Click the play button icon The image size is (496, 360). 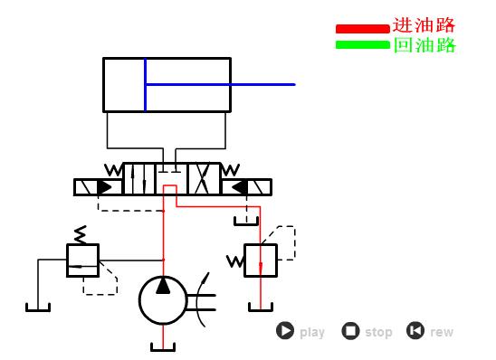click(x=285, y=331)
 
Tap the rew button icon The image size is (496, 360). click(x=415, y=331)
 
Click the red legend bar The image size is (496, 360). click(x=362, y=28)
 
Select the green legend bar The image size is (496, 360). click(x=362, y=44)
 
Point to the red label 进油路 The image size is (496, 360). click(x=424, y=25)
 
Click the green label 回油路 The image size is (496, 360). click(x=424, y=45)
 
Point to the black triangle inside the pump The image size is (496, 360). click(x=163, y=286)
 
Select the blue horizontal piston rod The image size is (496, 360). click(x=220, y=84)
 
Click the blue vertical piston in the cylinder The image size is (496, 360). click(x=145, y=84)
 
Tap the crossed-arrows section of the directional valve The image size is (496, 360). click(x=204, y=178)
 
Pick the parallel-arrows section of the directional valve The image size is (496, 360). click(x=138, y=178)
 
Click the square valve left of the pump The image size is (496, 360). click(x=82, y=261)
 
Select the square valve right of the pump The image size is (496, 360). click(x=261, y=261)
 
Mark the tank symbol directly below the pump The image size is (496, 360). click(x=163, y=346)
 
